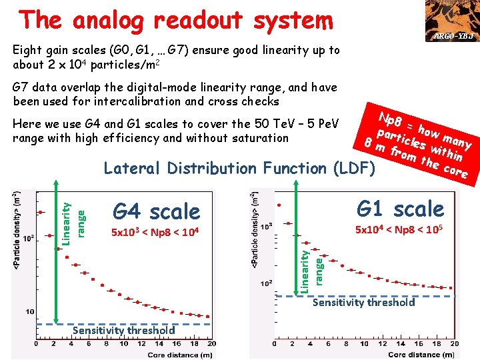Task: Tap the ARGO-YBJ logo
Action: point(455,21)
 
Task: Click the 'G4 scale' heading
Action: point(156,212)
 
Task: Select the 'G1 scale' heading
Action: point(400,209)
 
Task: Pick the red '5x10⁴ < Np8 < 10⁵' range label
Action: point(399,230)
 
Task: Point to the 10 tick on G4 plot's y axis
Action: point(31,311)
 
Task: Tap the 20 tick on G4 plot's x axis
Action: point(211,344)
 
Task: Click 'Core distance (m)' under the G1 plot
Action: point(421,355)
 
